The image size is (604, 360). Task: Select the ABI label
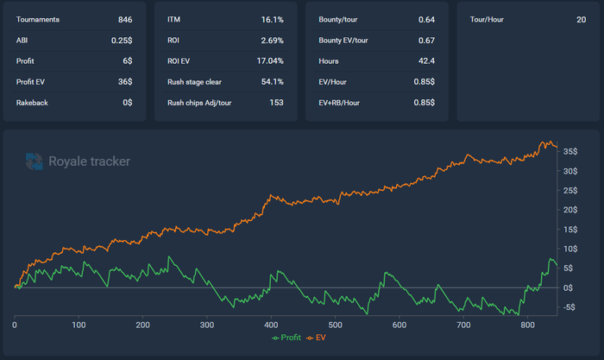click(22, 40)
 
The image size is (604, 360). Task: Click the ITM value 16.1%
click(272, 19)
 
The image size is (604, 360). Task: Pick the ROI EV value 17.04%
click(269, 61)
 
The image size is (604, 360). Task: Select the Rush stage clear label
click(195, 82)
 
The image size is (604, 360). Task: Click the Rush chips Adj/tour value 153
click(276, 103)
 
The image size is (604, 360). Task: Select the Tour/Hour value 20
click(581, 19)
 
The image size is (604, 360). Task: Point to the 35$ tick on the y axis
click(569, 151)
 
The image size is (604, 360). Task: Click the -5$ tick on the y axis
click(569, 307)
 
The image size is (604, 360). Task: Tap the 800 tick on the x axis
click(527, 325)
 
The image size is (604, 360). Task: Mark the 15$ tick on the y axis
click(569, 229)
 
